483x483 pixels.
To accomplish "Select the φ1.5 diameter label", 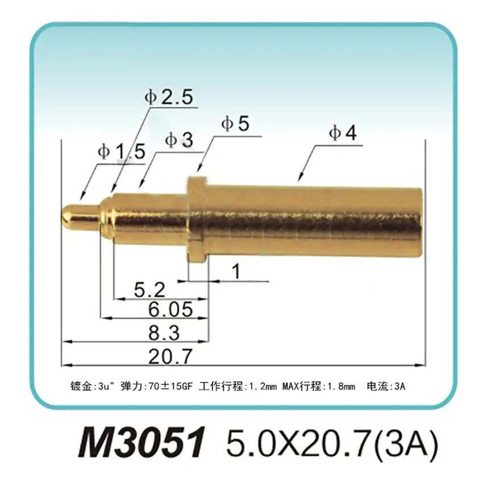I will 121,152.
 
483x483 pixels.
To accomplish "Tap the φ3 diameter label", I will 178,140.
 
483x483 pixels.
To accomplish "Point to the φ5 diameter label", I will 235,124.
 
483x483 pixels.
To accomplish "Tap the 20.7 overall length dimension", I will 170,356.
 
